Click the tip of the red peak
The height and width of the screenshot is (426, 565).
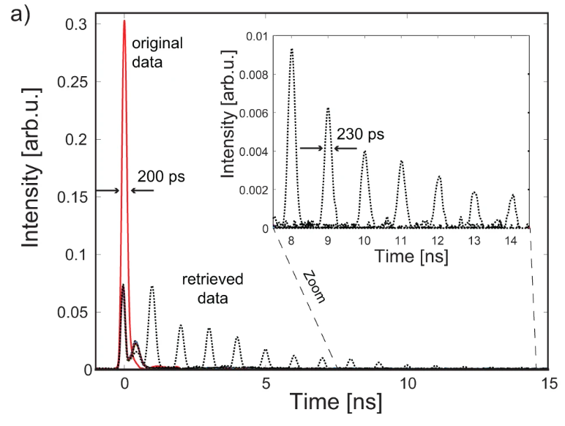[x=124, y=21]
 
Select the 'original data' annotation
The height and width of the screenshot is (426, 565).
[x=157, y=53]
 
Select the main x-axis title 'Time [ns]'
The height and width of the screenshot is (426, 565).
[x=323, y=401]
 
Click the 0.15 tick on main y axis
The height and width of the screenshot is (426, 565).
[x=75, y=197]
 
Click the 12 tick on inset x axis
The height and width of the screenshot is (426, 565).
[x=438, y=240]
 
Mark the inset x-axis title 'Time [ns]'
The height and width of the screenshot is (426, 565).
[x=401, y=258]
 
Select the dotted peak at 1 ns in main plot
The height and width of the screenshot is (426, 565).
[x=152, y=287]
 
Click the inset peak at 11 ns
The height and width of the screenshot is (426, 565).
[x=401, y=162]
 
